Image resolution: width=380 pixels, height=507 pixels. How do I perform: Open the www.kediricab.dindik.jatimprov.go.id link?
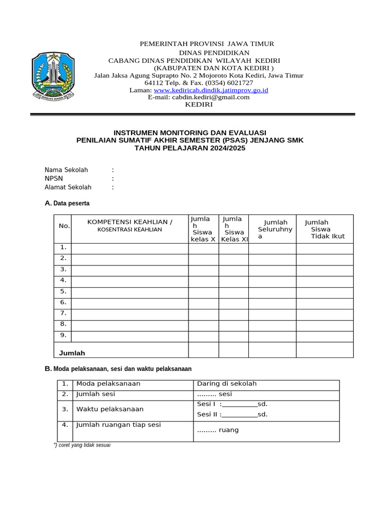point(211,90)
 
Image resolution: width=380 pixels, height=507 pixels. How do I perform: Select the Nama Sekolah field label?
point(66,170)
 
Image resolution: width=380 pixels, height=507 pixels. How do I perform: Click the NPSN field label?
point(53,178)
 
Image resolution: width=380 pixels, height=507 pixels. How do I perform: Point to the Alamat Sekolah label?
point(68,187)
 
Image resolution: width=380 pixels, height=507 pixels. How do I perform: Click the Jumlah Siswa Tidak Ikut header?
point(324,229)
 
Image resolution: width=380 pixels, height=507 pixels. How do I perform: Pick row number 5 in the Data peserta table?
point(63,291)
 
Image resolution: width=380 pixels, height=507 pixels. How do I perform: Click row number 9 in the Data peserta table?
point(63,335)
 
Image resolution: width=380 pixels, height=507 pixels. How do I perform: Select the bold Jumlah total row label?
point(72,353)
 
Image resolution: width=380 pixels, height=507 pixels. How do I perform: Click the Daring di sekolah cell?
point(227,384)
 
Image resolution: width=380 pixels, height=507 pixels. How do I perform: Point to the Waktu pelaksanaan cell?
point(110,409)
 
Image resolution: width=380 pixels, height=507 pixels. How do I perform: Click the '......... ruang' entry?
point(218,430)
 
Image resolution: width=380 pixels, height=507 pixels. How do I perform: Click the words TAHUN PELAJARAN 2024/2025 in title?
point(190,148)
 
